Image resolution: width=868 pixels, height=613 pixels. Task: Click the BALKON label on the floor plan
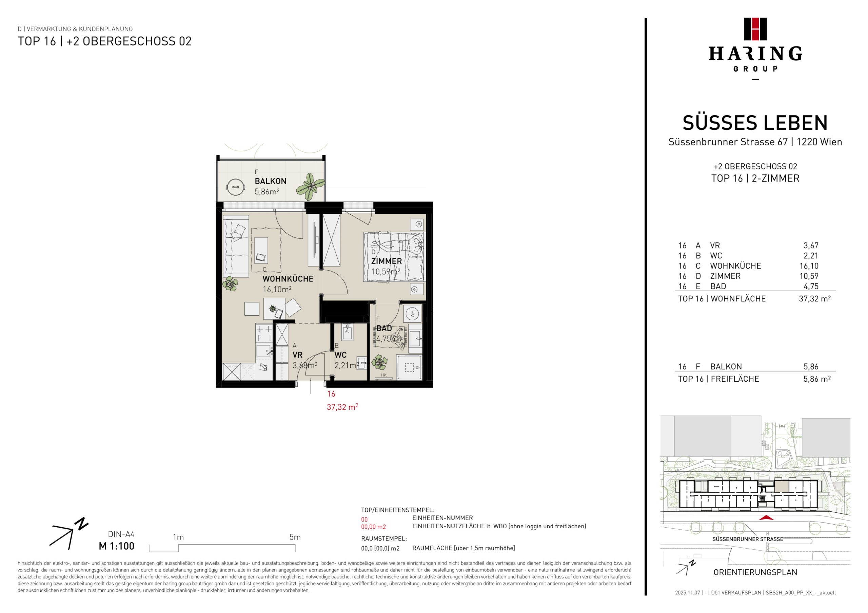click(270, 181)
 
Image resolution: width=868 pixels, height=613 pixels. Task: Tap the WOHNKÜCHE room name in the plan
click(288, 279)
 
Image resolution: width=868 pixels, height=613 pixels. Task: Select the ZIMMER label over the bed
click(387, 261)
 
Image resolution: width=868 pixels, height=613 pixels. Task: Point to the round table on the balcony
click(235, 187)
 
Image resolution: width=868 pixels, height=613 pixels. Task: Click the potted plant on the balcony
click(310, 187)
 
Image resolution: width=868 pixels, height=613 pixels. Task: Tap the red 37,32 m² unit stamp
click(342, 407)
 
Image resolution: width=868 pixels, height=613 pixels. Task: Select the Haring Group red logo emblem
click(755, 29)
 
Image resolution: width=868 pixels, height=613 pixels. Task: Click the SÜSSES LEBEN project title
click(755, 123)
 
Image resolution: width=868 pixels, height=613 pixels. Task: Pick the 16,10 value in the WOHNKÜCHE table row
click(809, 266)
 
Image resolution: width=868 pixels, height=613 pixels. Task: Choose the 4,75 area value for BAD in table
click(811, 286)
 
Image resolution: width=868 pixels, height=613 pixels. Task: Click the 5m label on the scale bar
click(295, 537)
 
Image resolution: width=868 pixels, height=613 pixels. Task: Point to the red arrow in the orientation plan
click(766, 517)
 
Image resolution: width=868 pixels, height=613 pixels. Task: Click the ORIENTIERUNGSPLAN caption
click(755, 572)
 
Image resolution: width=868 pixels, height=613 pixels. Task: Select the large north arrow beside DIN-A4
click(69, 534)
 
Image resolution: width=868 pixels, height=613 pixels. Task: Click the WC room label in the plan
click(340, 355)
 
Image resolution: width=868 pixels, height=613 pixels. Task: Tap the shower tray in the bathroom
click(409, 367)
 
